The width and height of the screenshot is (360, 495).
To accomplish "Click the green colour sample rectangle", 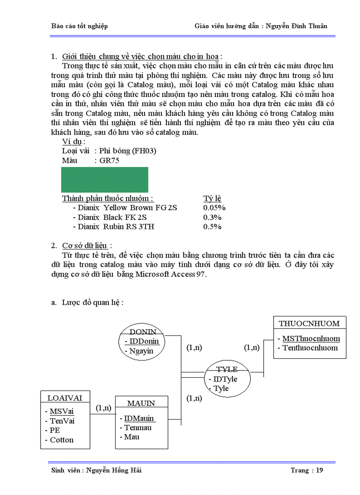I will coord(105,179).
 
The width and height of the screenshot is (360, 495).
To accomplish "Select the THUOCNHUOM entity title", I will coord(309,323).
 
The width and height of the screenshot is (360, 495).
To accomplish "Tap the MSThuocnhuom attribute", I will coord(311,339).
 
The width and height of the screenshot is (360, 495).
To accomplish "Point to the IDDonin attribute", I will coord(142,341).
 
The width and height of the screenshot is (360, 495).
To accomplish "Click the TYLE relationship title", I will coord(227,369).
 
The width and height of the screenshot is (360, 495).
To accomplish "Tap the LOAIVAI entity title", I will coord(64,398).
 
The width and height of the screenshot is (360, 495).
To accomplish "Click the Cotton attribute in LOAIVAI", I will coord(61,440).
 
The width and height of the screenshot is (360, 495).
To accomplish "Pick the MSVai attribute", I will coord(61,411).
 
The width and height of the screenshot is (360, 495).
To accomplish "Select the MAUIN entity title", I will coord(142,403).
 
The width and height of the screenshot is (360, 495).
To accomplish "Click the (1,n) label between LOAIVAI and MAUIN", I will coord(104,408).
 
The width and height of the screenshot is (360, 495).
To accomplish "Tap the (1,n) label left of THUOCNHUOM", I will coord(252,347).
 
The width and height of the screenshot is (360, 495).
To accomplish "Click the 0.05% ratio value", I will coord(214,208).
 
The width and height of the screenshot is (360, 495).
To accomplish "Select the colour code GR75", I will coord(109,160).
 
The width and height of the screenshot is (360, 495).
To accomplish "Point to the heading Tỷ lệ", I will coord(212,198).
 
